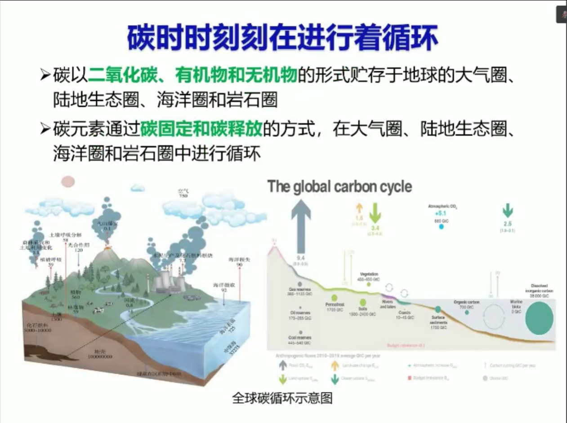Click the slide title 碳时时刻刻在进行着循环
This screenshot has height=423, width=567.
click(282, 38)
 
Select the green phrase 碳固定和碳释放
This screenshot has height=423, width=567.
click(201, 130)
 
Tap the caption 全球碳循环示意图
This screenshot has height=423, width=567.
click(282, 398)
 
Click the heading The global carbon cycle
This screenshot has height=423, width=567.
click(339, 186)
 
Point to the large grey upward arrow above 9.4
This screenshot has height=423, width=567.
click(301, 225)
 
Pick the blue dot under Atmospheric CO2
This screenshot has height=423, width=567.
click(441, 227)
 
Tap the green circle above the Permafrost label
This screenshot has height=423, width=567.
click(335, 298)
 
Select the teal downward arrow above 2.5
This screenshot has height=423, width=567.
click(508, 210)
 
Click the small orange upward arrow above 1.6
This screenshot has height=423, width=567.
click(359, 208)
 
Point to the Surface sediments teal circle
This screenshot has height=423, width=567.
click(438, 309)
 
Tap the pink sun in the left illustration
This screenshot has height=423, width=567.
click(68, 181)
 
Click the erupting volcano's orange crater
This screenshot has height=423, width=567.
click(107, 247)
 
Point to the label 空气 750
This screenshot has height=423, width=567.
click(183, 194)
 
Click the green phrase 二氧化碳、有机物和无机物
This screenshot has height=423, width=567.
click(193, 74)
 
